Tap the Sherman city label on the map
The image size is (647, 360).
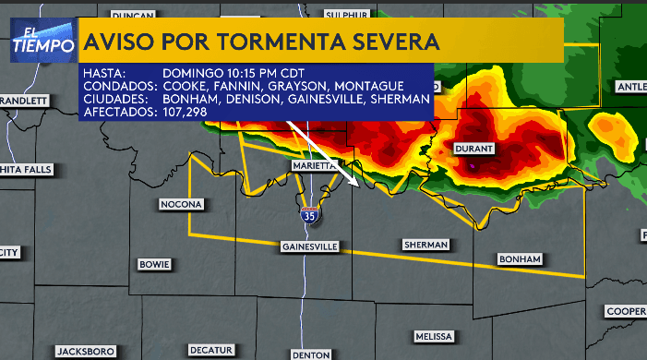(x=425, y=245)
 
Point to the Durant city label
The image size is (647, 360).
(x=475, y=148)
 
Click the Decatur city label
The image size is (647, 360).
(x=210, y=350)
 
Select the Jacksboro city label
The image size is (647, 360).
(x=85, y=351)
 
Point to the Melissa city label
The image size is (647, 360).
(x=433, y=336)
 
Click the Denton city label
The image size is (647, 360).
(x=309, y=354)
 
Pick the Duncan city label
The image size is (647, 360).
(x=132, y=16)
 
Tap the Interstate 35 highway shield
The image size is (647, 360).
(x=308, y=215)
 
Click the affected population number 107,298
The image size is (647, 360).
(x=185, y=112)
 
